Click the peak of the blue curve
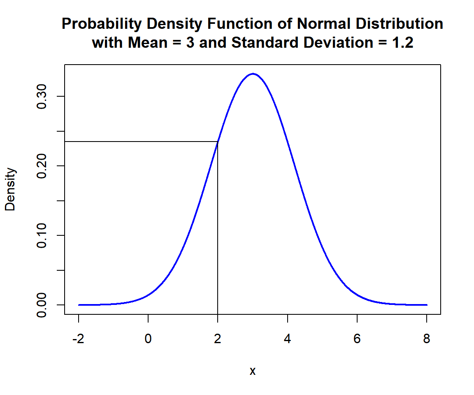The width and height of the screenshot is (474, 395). [253, 74]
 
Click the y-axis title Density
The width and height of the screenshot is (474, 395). [10, 189]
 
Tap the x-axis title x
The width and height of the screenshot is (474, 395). [253, 371]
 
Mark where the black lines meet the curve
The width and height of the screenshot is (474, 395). [218, 142]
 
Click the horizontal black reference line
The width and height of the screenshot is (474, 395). [140, 142]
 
